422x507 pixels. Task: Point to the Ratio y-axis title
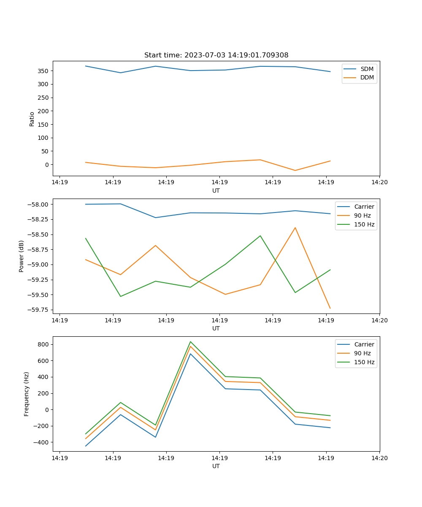coord(32,119)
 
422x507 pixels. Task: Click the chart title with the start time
coord(216,55)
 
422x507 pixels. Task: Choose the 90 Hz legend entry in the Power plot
coord(362,215)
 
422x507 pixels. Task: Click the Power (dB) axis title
coord(22,256)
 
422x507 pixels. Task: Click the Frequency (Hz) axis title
coord(27,394)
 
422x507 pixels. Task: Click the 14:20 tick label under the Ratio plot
coord(379,183)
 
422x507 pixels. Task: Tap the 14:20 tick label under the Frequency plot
coord(379,458)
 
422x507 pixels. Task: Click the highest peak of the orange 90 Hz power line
coord(295,228)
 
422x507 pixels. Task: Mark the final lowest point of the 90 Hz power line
coord(330,308)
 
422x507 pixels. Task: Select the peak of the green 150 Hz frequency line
coord(190,341)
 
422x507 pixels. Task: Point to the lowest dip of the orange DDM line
coord(295,170)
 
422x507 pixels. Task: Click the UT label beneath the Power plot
coord(216,328)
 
